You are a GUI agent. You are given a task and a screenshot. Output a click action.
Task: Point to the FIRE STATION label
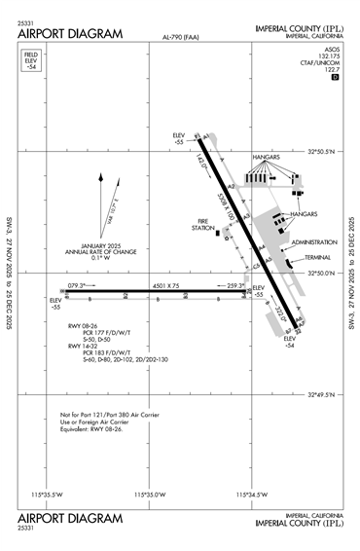point(204,225)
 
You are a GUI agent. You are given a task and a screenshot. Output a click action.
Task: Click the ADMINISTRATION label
point(313,241)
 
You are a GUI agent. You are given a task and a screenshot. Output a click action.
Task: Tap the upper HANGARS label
point(265,156)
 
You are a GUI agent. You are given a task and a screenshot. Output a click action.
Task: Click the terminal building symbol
point(290,260)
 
